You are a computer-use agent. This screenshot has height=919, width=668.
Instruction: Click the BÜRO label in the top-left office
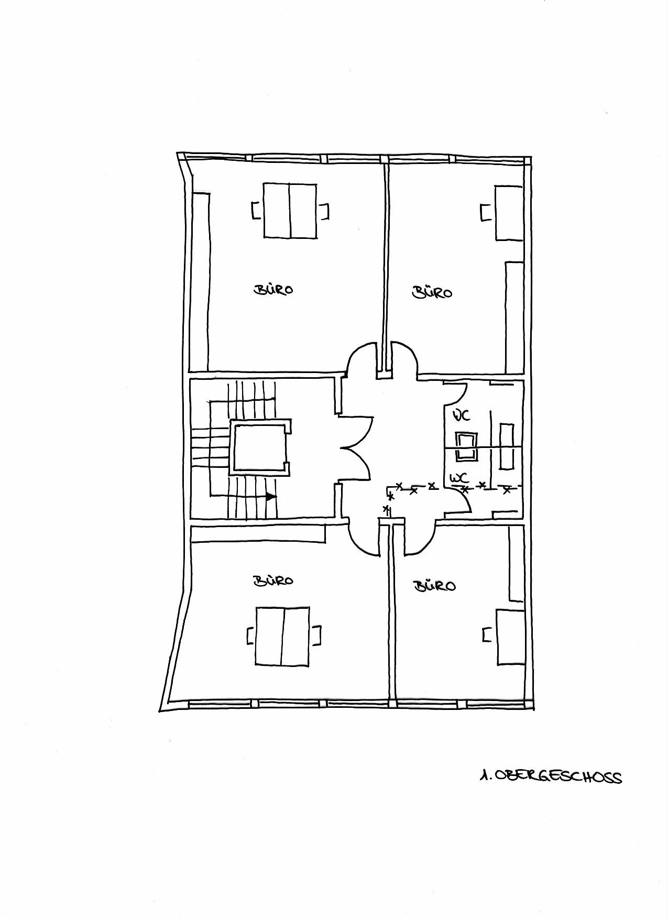tap(273, 289)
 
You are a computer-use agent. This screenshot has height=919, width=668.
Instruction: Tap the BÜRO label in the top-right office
tap(432, 292)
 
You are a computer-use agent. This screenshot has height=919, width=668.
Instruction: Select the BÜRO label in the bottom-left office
tap(273, 581)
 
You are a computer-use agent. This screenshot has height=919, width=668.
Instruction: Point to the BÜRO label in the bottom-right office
tap(435, 585)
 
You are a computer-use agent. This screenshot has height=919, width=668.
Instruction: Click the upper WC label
tap(462, 415)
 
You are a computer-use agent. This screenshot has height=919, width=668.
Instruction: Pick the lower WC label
tap(459, 478)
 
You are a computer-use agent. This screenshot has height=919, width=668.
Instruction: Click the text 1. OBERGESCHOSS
tap(551, 776)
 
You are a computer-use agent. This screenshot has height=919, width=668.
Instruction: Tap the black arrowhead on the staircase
tap(271, 496)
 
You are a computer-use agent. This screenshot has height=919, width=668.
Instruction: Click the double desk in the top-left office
tap(290, 211)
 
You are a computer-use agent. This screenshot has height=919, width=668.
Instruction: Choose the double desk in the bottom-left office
tap(282, 637)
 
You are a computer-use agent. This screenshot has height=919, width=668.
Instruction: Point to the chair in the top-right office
tap(486, 213)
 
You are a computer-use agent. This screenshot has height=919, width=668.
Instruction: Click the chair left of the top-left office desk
tap(256, 211)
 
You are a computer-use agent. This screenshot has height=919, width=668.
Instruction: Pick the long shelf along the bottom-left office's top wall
tap(258, 533)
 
